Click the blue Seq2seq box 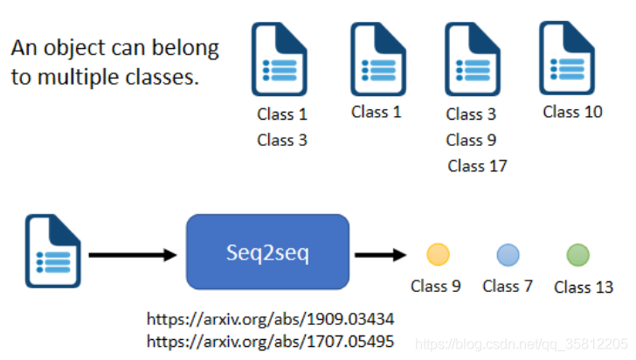[267, 252]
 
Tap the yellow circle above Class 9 [438, 254]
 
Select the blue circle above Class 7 [508, 255]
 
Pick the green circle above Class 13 [577, 255]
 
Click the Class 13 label [584, 287]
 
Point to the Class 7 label [507, 286]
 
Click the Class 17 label [477, 166]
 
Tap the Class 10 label [572, 112]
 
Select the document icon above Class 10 [567, 58]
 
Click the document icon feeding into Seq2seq [52, 252]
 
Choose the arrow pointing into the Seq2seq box [133, 255]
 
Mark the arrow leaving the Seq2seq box [381, 255]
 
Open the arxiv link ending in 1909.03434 [270, 319]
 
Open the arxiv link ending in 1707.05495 [270, 342]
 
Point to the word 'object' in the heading [74, 48]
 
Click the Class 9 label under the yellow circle [436, 286]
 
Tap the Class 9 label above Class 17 [471, 140]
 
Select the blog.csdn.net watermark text [522, 344]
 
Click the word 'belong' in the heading [185, 48]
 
